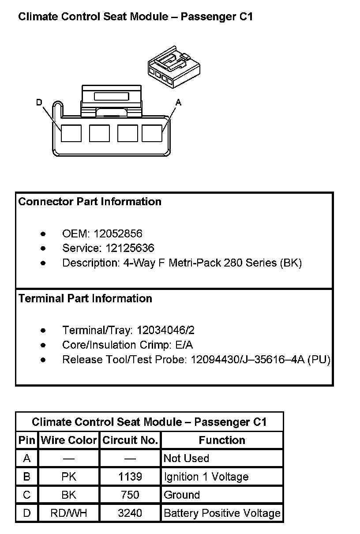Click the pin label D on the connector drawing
point(39,103)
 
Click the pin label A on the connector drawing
point(178,102)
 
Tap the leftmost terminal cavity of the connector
point(71,133)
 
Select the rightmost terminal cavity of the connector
point(152,133)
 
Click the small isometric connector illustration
point(173,65)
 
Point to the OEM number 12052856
point(118,233)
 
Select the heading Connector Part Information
point(90,202)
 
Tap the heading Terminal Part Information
point(85,298)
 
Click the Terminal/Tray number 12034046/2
point(165,330)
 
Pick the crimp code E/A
point(184,345)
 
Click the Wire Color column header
point(68,440)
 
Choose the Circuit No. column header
point(130,440)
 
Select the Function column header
point(222,440)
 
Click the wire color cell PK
point(68,477)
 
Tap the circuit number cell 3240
point(130,513)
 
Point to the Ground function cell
point(182,495)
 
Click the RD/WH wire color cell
point(68,513)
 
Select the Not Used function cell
point(186,459)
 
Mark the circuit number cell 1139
point(130,477)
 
